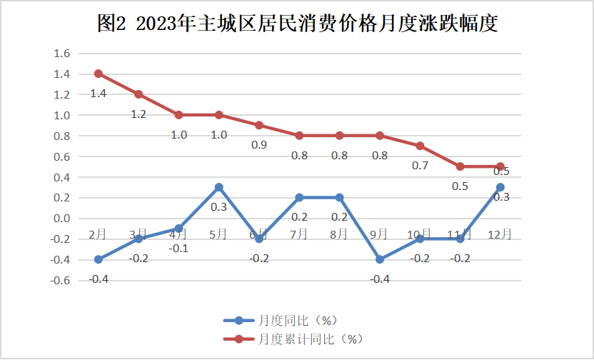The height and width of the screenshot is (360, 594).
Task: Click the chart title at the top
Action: point(296,24)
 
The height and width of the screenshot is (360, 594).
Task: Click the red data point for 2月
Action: point(99,74)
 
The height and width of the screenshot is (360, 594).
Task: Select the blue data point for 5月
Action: point(219,187)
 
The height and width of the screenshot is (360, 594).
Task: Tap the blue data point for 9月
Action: point(380,259)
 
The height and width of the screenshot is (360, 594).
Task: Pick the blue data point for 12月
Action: point(500,187)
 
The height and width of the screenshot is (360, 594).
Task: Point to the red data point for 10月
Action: point(420,146)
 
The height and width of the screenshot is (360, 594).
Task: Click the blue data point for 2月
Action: point(99,259)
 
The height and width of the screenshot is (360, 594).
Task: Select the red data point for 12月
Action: point(500,166)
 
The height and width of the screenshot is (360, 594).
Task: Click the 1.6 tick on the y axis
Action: point(61,54)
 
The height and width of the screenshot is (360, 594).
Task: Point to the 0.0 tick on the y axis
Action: point(61,219)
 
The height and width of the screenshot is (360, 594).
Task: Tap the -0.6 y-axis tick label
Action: point(60,280)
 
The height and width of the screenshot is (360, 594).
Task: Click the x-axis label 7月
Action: point(299,234)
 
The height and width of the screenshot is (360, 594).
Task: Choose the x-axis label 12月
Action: point(499,234)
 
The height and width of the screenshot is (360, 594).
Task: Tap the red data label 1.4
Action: point(98,94)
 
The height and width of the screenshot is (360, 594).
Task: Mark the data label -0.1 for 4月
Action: point(178,248)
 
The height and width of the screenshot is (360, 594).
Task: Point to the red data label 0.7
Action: point(420,166)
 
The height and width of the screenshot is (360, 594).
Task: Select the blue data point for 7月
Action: point(299,197)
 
